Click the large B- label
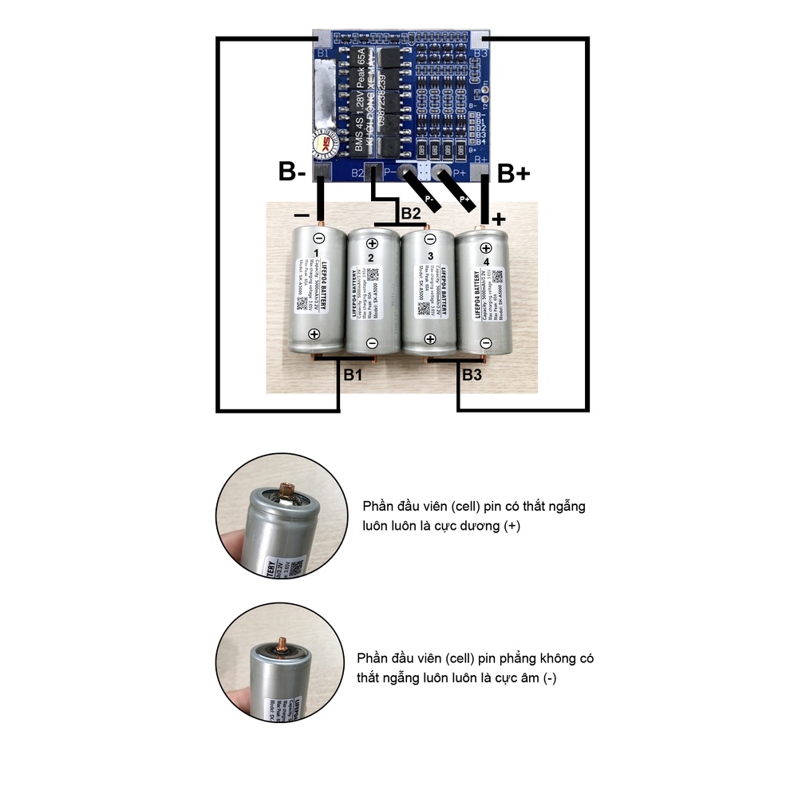pos(292,172)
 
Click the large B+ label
pos(513,173)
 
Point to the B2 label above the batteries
pos(411,213)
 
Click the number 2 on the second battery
pos(370,257)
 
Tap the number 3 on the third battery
pos(430,255)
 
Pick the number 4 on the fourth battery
pos(487,261)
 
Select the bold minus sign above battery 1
pos(302,215)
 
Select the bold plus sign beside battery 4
pos(500,219)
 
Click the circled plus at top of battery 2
pos(371,242)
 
